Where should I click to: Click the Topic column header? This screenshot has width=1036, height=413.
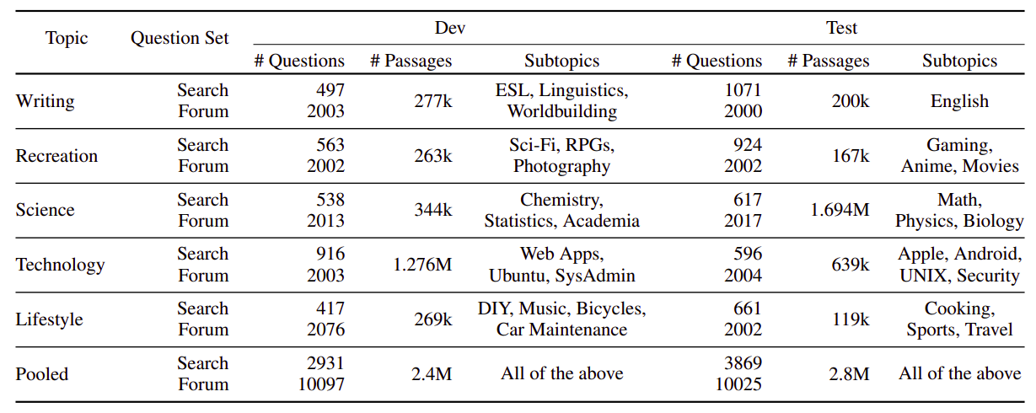[67, 39]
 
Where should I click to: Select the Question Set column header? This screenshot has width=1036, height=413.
[180, 39]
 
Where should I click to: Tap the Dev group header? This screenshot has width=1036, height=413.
[449, 28]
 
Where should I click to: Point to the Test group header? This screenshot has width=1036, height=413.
[841, 28]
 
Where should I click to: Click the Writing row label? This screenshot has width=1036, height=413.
[45, 101]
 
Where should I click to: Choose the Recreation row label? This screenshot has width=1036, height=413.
[56, 156]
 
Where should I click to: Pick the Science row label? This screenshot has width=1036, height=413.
[45, 210]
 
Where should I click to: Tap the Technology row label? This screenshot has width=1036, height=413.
[60, 265]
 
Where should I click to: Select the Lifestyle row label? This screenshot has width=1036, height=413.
[49, 319]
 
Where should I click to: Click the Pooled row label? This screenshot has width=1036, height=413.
[41, 374]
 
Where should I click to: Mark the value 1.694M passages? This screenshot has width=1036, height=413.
[840, 210]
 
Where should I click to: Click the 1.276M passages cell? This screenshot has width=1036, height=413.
[422, 265]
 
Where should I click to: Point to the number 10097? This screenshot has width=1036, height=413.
[321, 384]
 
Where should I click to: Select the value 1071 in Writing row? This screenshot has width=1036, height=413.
[743, 90]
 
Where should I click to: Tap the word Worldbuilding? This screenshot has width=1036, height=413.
[562, 111]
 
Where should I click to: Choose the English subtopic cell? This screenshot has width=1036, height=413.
[959, 101]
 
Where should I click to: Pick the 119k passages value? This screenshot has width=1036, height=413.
[851, 319]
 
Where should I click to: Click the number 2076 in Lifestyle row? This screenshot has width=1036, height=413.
[325, 330]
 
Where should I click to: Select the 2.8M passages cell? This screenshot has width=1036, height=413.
[849, 374]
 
